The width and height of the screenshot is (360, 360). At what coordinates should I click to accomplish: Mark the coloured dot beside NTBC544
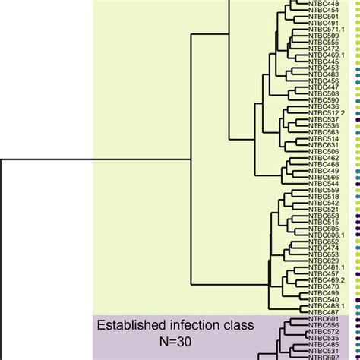click(x=354, y=183)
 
